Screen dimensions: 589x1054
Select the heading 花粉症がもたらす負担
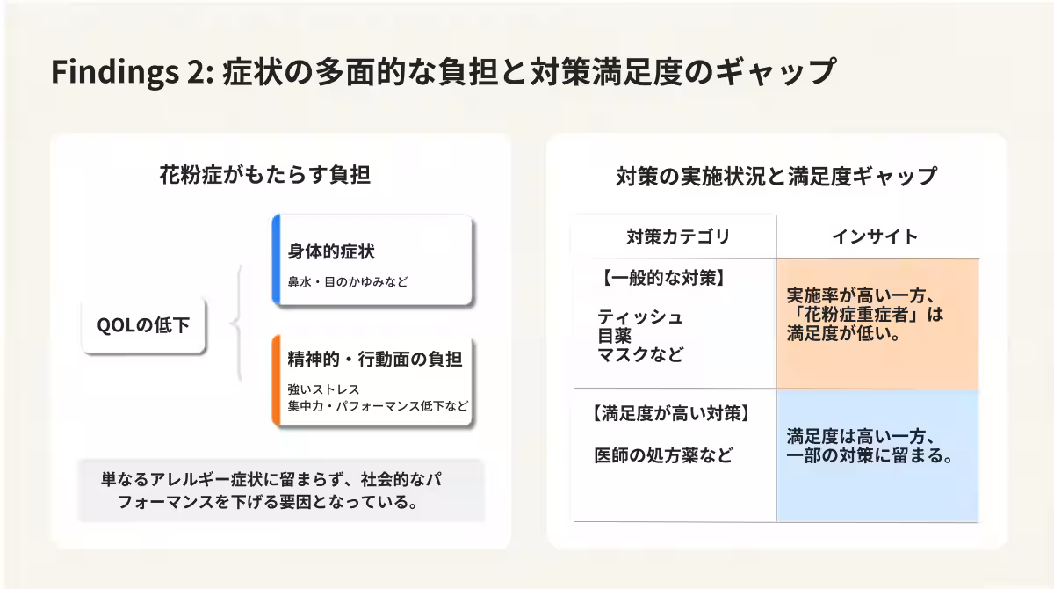click(264, 175)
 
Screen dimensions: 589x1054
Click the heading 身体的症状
click(331, 251)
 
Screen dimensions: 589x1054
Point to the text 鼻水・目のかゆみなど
click(348, 282)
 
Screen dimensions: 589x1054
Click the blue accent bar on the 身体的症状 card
click(276, 260)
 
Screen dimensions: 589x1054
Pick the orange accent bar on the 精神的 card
click(276, 381)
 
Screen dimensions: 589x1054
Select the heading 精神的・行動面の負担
click(374, 359)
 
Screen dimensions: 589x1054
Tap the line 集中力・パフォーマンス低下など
click(378, 407)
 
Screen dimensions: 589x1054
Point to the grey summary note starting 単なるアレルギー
click(280, 491)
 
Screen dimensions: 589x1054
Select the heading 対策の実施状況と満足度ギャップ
click(776, 176)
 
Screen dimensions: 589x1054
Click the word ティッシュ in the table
click(639, 316)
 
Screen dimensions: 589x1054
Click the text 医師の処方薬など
click(663, 455)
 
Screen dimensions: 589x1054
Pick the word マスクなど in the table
click(639, 355)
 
